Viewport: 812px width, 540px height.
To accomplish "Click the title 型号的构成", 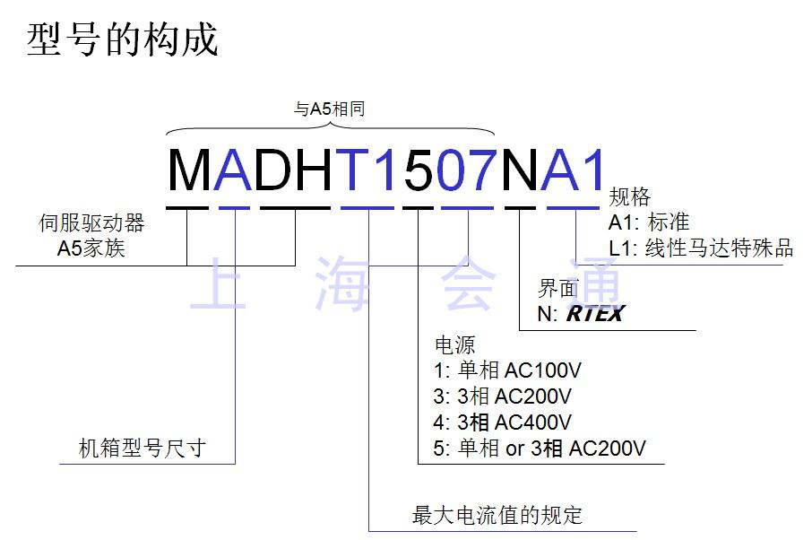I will click(122, 40).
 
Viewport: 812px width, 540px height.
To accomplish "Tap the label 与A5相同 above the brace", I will click(330, 109).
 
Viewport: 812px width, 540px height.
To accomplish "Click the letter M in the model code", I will click(189, 170).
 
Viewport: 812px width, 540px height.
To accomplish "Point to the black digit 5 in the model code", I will click(419, 170).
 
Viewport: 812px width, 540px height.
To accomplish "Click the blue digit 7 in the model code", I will click(481, 170).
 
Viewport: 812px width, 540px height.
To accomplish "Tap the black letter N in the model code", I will click(520, 170).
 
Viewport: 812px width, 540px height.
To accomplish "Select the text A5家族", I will click(91, 248).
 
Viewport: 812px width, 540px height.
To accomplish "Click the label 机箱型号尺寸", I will click(143, 448).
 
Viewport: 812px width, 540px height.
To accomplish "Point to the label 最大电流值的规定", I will click(497, 515).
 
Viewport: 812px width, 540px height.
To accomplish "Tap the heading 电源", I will click(454, 344).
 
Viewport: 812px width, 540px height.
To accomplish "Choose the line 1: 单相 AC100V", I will click(507, 370).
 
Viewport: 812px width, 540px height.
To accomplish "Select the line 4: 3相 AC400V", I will click(502, 422).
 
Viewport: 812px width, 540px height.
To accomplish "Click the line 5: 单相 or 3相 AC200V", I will click(540, 448).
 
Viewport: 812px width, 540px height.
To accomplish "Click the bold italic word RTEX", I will click(595, 313).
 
